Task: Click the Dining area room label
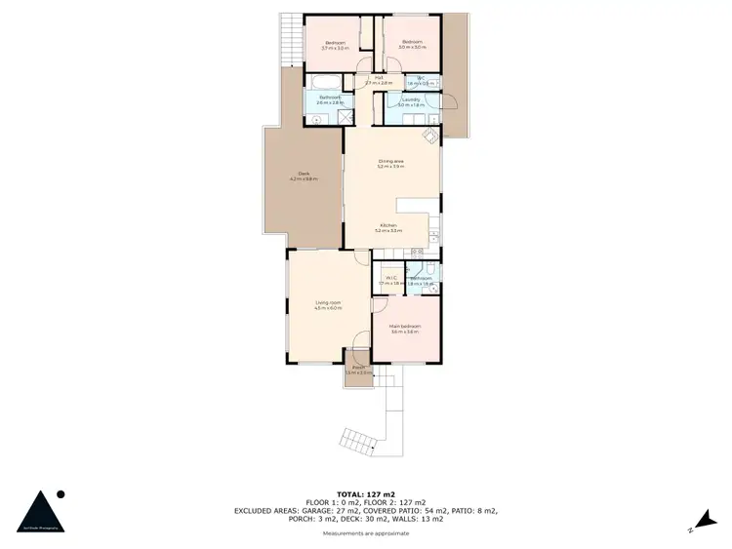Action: coord(390,164)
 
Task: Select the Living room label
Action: coord(328,305)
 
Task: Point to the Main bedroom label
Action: coord(404,330)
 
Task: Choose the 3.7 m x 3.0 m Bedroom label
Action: coord(335,44)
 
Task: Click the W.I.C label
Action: coord(390,281)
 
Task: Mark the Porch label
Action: coord(358,370)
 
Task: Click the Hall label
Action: coord(378,81)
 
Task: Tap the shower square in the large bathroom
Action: coord(344,117)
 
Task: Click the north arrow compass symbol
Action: coord(703,523)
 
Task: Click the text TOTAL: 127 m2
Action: coord(366,494)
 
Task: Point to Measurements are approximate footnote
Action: coord(366,533)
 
